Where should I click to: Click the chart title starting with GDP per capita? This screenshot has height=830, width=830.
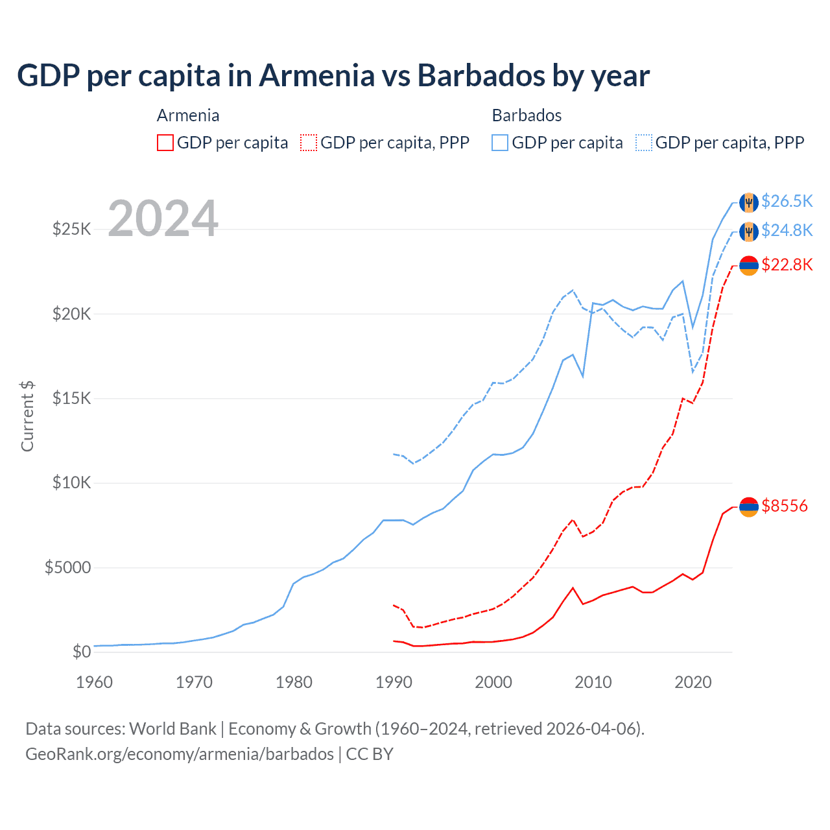click(x=333, y=76)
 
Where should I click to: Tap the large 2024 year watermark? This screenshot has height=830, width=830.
click(x=163, y=219)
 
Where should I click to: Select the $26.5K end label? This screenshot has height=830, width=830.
click(x=787, y=201)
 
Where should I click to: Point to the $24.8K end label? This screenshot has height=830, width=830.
click(x=787, y=230)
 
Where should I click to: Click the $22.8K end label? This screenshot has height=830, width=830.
click(x=787, y=265)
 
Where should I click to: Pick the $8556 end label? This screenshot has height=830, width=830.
click(x=785, y=506)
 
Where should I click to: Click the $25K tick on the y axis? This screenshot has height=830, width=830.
click(x=71, y=229)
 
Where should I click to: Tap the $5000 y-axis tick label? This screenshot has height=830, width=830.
click(x=67, y=568)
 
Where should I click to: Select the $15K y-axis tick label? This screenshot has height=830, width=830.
click(x=71, y=398)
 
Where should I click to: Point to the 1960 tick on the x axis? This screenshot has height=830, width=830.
click(x=95, y=682)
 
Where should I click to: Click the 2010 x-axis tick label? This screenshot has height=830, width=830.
click(x=593, y=682)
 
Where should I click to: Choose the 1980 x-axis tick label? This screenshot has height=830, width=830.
click(x=294, y=682)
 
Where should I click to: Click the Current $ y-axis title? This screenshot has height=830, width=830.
click(x=27, y=416)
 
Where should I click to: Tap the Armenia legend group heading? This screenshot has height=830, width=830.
click(x=188, y=115)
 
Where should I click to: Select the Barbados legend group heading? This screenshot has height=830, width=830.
click(x=527, y=115)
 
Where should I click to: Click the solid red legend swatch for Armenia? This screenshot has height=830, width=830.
click(x=165, y=143)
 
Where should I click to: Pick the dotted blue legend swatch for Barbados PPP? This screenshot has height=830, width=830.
click(x=644, y=143)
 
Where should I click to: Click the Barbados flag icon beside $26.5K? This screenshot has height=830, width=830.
click(x=749, y=202)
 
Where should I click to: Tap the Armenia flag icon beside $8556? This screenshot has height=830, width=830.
click(x=749, y=506)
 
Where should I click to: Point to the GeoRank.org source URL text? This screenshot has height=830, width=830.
click(x=179, y=754)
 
